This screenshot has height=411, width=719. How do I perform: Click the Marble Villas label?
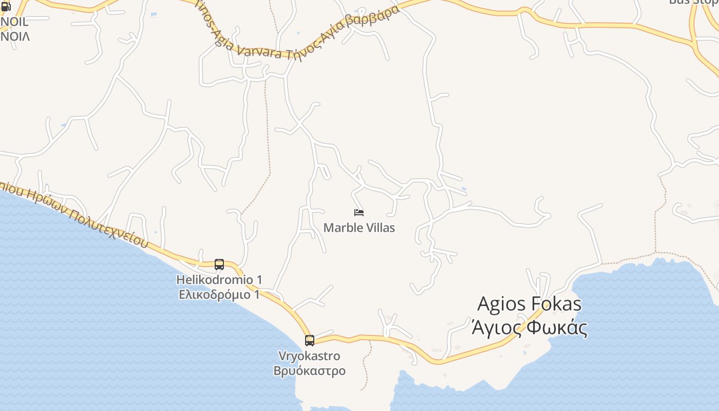coord(359,228)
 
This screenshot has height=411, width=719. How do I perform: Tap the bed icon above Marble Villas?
coord(359,212)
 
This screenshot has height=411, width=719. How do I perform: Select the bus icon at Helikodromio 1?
coord(219,265)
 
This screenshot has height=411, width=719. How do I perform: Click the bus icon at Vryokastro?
coord(309,340)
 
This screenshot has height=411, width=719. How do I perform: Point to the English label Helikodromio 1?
coord(219,280)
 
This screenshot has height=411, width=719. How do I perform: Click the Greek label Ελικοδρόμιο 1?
coord(219,294)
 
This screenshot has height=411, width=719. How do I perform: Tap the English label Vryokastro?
coord(309,356)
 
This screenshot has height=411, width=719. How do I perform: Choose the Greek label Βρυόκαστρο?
coord(309,371)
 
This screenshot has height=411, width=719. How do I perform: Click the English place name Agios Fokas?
coord(529,304)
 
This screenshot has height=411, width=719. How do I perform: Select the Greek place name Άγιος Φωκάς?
coord(529,327)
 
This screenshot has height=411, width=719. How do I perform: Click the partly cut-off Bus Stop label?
coord(693,2)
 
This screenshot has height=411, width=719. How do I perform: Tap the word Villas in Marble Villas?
coord(377,228)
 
